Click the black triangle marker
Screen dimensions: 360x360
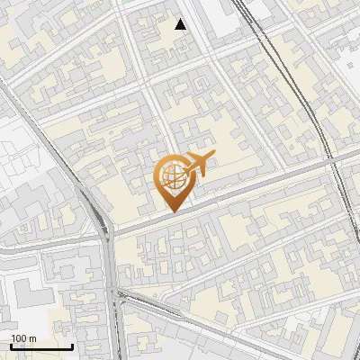tap(181, 24)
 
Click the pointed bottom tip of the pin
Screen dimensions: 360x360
tap(172, 211)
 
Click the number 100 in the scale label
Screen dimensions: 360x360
tap(19, 338)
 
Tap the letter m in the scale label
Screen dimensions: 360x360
tap(32, 338)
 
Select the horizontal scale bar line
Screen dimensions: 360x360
tap(41, 346)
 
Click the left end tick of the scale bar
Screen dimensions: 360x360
tap(11, 346)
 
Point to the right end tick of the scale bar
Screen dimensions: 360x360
tap(72, 346)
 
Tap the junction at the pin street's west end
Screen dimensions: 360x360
tap(106, 234)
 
